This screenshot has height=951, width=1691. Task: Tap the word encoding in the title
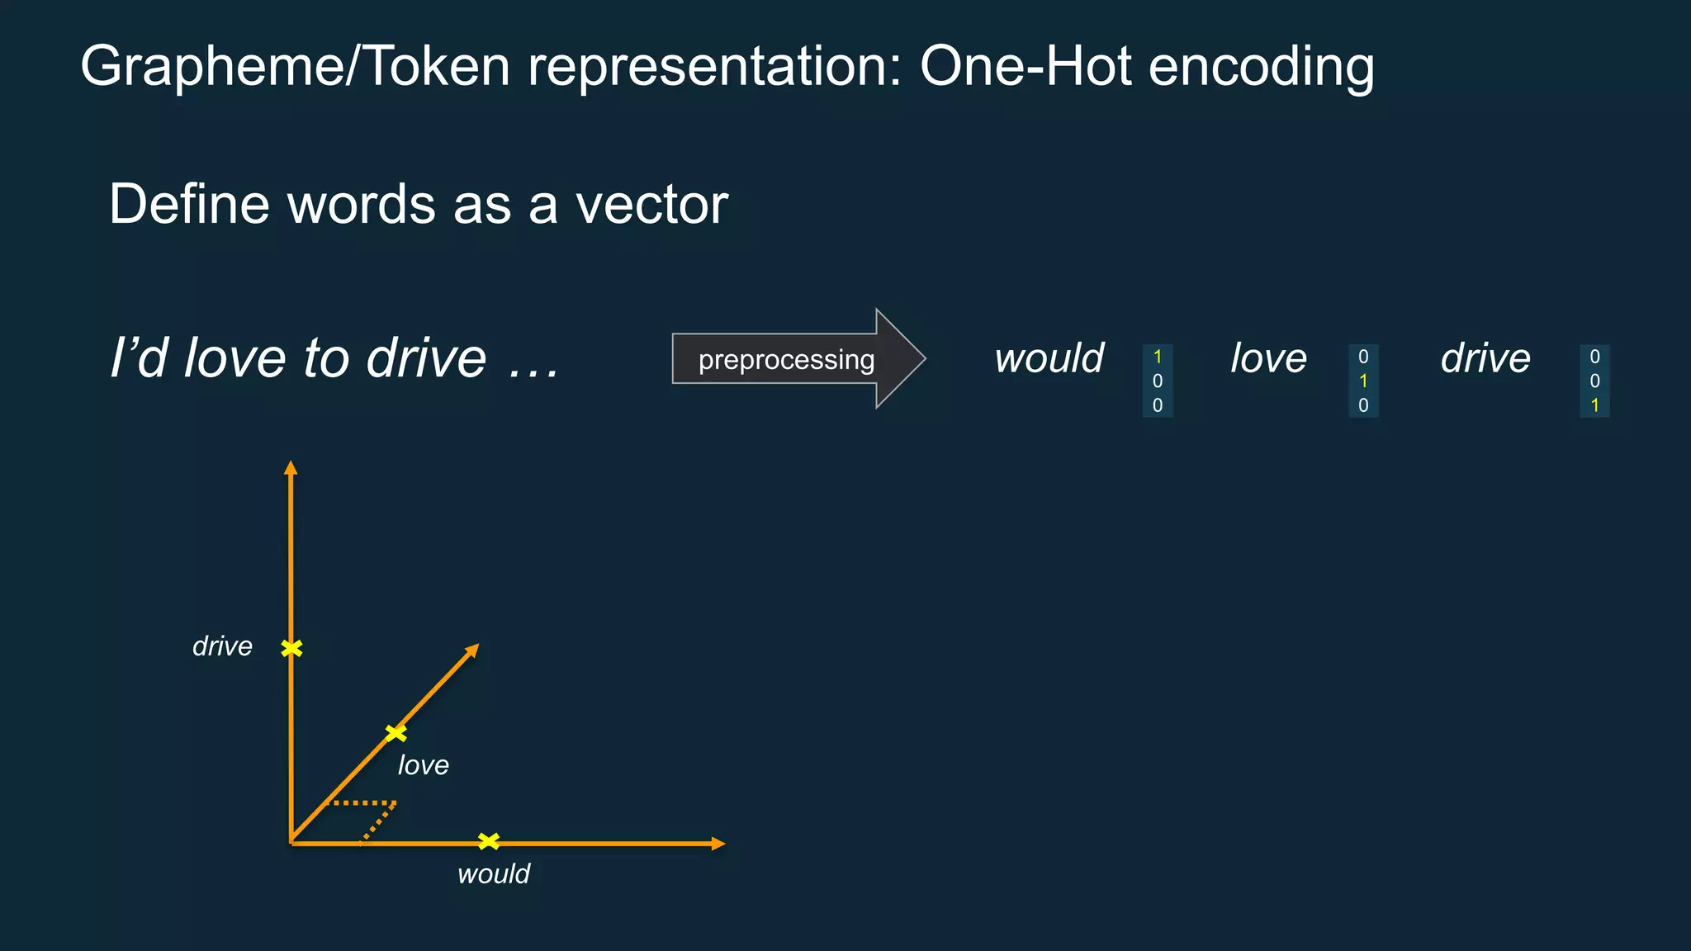[x=1261, y=67]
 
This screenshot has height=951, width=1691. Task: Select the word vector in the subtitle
[x=651, y=204]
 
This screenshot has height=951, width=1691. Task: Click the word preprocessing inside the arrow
[x=786, y=360]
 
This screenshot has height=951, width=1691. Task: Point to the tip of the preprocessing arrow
[x=923, y=358]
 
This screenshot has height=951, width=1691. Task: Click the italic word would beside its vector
[x=1049, y=358]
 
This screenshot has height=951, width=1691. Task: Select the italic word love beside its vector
[x=1268, y=358]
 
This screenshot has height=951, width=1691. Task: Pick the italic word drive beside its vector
[x=1485, y=358]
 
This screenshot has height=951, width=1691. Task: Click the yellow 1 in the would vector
[x=1158, y=357]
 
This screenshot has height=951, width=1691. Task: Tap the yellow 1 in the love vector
[x=1363, y=381]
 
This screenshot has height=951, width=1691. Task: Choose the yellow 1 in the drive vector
[x=1594, y=405]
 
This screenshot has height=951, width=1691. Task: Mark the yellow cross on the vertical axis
[x=291, y=649]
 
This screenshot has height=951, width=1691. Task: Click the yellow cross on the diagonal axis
[x=396, y=733]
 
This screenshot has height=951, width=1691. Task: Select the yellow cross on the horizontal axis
[x=489, y=841]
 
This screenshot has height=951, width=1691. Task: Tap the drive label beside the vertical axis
[x=222, y=646]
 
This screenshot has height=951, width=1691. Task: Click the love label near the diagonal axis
[x=423, y=765]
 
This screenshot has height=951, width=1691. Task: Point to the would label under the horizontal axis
[x=493, y=873]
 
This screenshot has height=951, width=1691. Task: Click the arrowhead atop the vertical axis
[x=291, y=467]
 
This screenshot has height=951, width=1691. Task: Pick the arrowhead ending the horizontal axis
[x=718, y=844]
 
